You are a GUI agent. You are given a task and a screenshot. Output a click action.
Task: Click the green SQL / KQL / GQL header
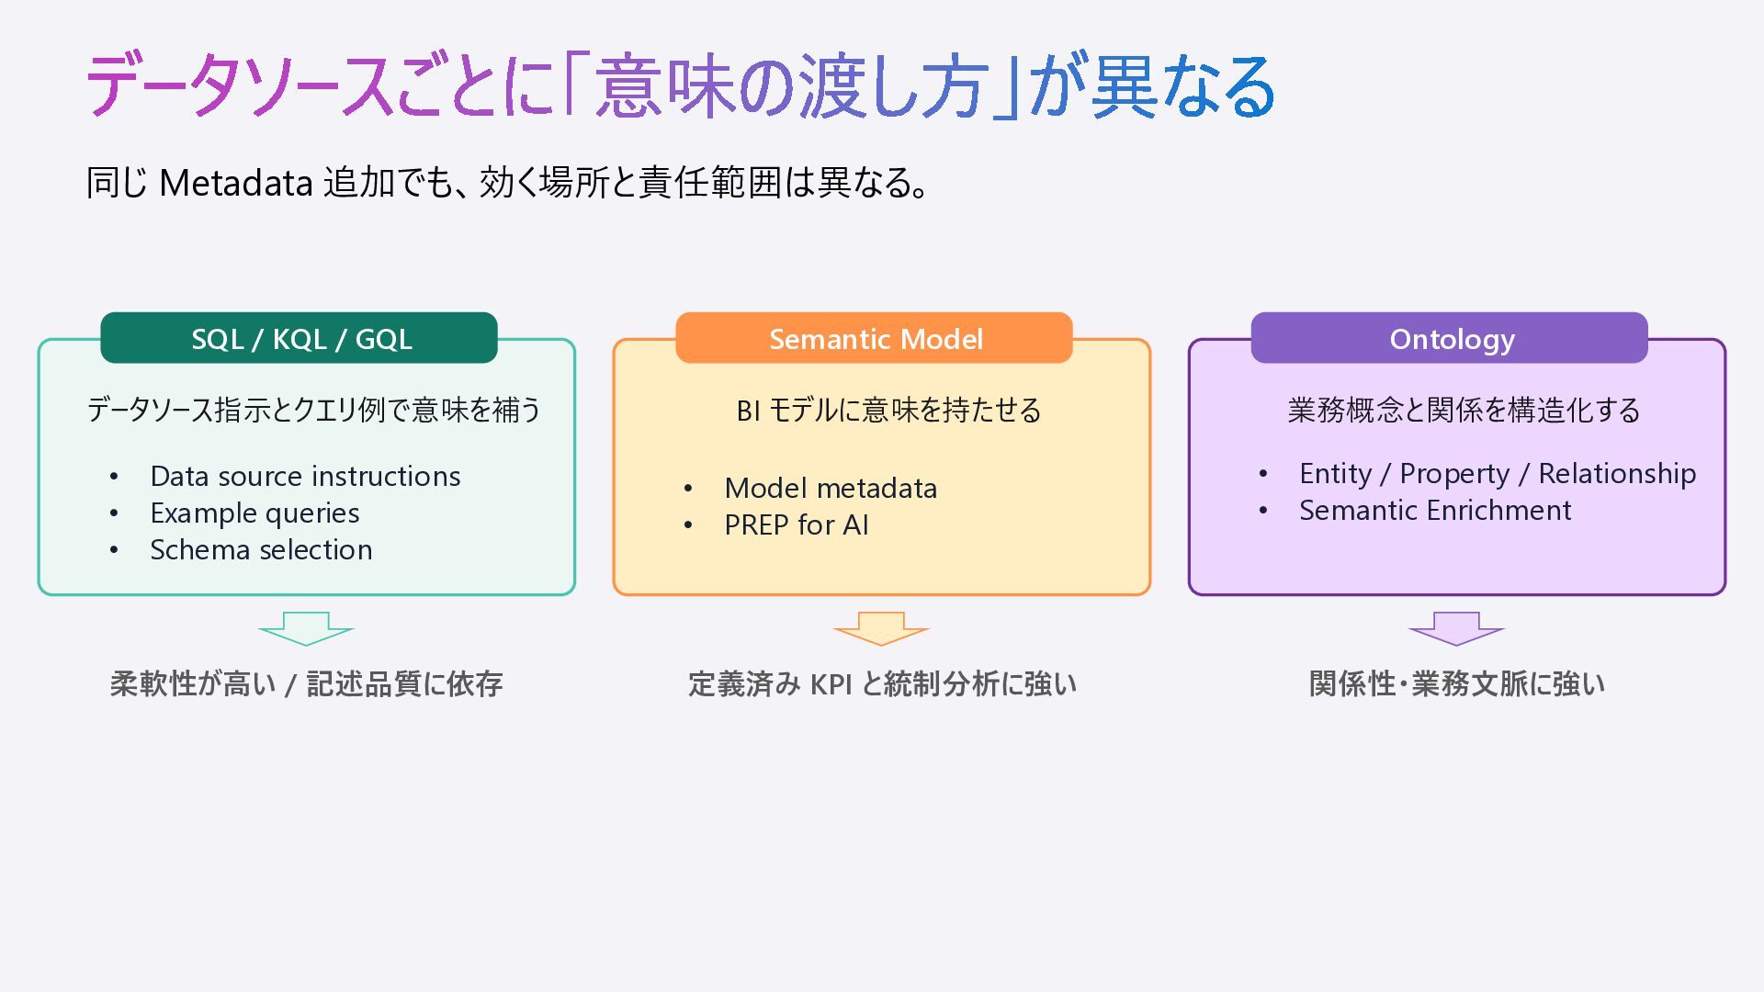299,338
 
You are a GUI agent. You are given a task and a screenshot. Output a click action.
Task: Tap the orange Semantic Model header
874,338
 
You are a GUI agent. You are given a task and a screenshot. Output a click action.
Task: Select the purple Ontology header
1449,338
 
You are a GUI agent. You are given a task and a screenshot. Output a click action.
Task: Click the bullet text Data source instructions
305,476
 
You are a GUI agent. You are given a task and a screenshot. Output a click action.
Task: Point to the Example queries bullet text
254,513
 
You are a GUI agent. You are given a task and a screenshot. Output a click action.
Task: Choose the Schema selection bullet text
261,549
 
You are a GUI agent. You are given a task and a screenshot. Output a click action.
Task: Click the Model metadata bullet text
831,488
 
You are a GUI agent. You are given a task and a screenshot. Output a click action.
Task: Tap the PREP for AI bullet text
796,524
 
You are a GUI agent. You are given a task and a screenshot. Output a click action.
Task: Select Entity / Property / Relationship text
1498,474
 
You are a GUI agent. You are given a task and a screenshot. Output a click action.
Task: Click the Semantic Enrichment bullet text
1435,510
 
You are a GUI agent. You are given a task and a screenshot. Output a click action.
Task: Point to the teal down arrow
306,628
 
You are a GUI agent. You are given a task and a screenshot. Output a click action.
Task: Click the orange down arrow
881,628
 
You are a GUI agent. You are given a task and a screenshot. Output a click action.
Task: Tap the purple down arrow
1456,628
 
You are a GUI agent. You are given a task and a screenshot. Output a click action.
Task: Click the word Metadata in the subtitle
236,183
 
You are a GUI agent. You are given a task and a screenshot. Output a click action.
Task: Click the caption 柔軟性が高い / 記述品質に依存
306,684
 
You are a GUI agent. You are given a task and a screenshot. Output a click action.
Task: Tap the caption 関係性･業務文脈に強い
1456,684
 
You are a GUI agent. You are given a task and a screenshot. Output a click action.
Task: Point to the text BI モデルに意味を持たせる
888,410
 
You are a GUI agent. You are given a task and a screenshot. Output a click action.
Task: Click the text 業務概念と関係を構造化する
1464,410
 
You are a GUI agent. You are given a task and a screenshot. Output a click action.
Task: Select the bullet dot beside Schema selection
114,550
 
